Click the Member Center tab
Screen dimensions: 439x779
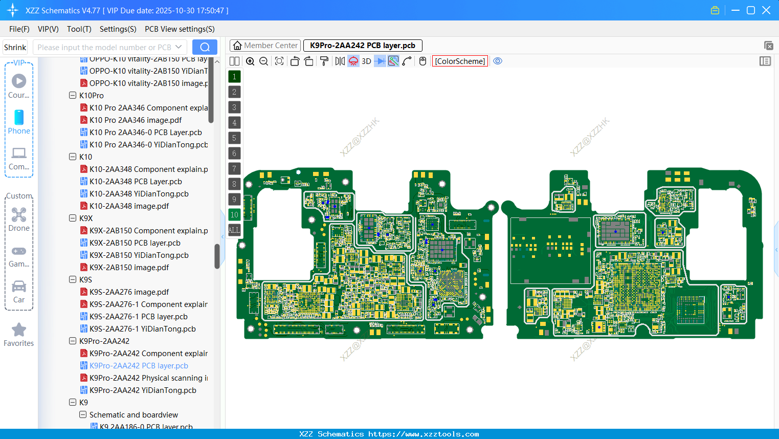point(265,46)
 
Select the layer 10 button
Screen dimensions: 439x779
point(234,215)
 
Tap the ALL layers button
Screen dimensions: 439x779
point(234,230)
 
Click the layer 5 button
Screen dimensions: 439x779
point(234,138)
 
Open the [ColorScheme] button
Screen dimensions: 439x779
point(460,61)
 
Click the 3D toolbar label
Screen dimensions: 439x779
point(366,61)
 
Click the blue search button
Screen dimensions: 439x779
point(205,47)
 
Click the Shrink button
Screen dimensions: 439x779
point(15,47)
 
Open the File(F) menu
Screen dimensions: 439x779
point(19,29)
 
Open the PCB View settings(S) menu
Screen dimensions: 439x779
point(180,29)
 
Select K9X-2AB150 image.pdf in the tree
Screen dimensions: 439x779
point(129,268)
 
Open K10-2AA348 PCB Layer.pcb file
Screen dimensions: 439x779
point(136,182)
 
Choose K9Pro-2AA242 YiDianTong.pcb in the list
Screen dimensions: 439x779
point(143,390)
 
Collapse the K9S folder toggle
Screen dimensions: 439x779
point(73,279)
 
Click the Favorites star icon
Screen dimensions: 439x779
point(19,330)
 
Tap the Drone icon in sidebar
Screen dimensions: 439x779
point(19,215)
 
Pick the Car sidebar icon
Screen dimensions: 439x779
point(19,287)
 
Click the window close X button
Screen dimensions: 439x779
point(766,10)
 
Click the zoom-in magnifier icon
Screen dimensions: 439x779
point(250,61)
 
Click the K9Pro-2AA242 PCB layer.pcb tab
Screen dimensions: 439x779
point(362,46)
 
